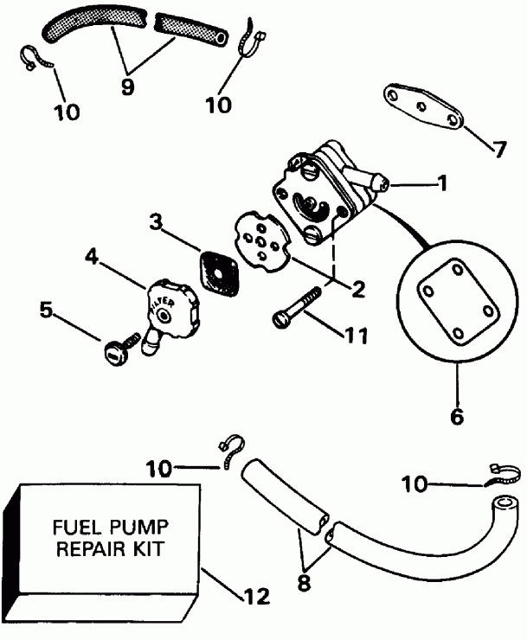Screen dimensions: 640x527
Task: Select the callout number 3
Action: (155, 222)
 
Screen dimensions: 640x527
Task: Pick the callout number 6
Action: (456, 415)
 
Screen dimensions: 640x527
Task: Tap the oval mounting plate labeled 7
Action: (421, 106)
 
